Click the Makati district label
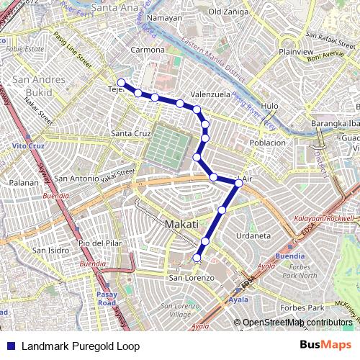181,225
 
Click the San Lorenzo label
191,277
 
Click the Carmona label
147,51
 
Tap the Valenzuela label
210,94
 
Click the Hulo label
270,106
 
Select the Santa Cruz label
130,134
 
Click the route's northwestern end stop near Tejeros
122,83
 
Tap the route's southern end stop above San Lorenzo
197,258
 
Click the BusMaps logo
326,346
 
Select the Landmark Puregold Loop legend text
80,346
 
